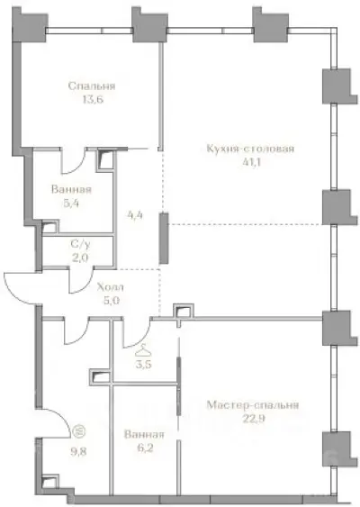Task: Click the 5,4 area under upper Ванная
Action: pyautogui.click(x=72, y=204)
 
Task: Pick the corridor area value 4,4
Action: pyautogui.click(x=135, y=215)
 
